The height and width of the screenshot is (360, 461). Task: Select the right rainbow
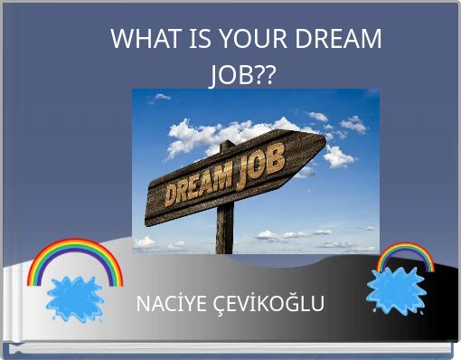pyautogui.click(x=405, y=257)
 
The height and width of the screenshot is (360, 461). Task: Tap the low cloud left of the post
pyautogui.click(x=145, y=242)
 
